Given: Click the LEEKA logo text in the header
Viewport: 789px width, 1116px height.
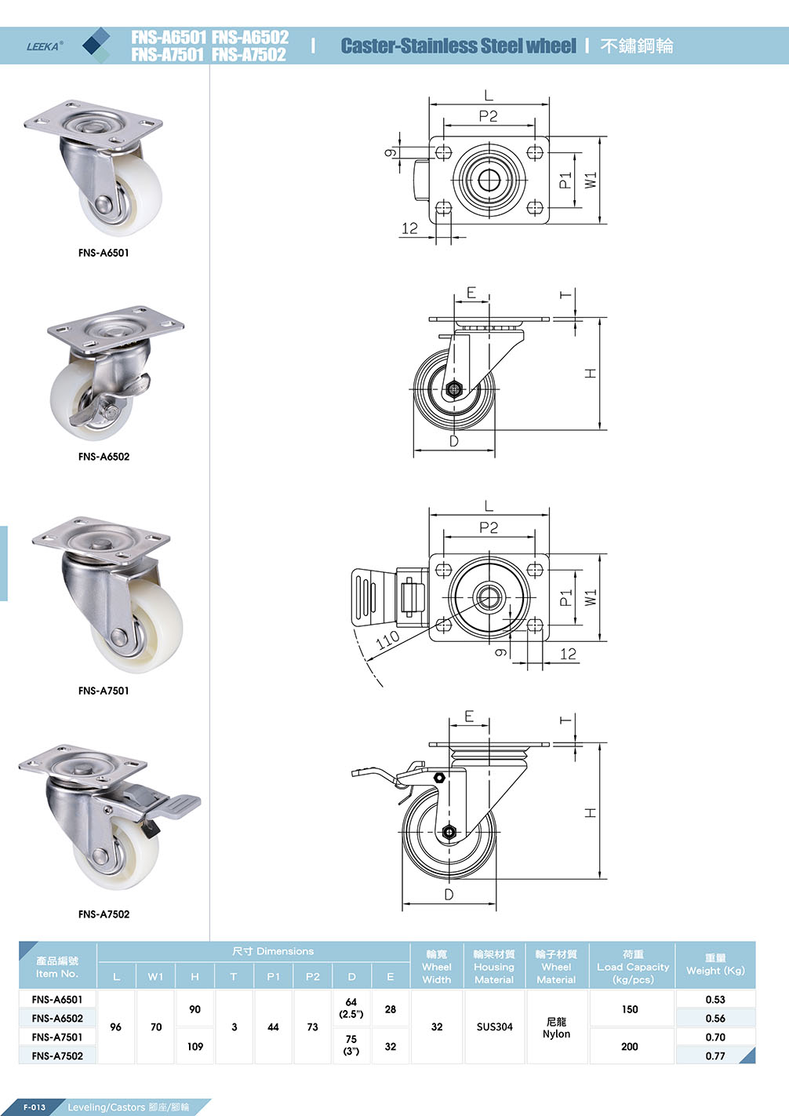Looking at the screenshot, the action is click(44, 46).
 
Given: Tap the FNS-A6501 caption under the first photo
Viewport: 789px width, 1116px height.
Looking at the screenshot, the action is click(104, 253).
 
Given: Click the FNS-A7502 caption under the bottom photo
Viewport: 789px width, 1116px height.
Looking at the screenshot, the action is click(104, 914).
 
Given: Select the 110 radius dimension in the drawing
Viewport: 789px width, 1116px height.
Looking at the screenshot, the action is click(388, 640).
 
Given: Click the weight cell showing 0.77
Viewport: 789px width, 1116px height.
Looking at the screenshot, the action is click(714, 1056).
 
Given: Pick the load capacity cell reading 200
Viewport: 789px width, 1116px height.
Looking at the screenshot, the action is click(629, 1046).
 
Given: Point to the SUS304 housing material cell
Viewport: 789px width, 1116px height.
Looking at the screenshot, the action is click(494, 1027).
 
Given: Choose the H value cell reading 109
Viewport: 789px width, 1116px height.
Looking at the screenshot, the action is click(195, 1046).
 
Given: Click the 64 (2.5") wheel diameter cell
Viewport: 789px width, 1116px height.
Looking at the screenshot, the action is click(351, 1008).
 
